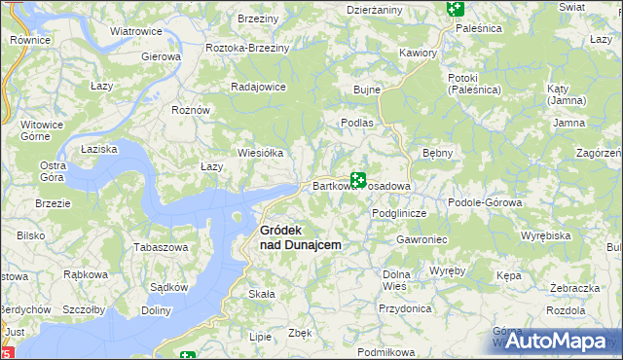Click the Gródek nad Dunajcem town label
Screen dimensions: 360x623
(x=300, y=237)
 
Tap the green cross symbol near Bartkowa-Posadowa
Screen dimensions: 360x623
(x=358, y=180)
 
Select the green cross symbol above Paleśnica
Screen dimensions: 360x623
(x=455, y=10)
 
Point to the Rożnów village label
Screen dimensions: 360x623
(x=191, y=110)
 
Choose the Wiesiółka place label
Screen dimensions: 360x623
(x=261, y=153)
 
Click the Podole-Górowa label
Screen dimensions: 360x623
(x=485, y=202)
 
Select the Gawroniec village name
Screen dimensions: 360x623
(x=421, y=238)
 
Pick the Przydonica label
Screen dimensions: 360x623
(x=405, y=307)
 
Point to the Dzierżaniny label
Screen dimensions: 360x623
(x=375, y=9)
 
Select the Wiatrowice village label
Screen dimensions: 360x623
(x=135, y=31)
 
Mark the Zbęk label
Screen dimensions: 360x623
(x=301, y=333)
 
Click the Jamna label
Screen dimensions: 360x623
(x=569, y=123)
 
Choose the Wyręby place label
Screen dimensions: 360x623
(x=447, y=270)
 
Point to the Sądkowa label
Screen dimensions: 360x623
(x=168, y=287)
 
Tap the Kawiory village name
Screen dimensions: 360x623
(x=418, y=52)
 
